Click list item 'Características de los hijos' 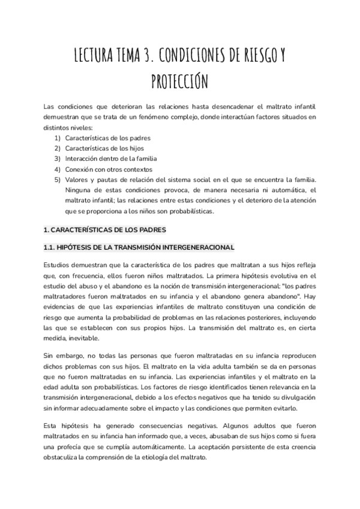tap(104, 148)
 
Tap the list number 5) tap(57, 180)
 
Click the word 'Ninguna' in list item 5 tap(79, 190)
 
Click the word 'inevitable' tap(85, 339)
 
